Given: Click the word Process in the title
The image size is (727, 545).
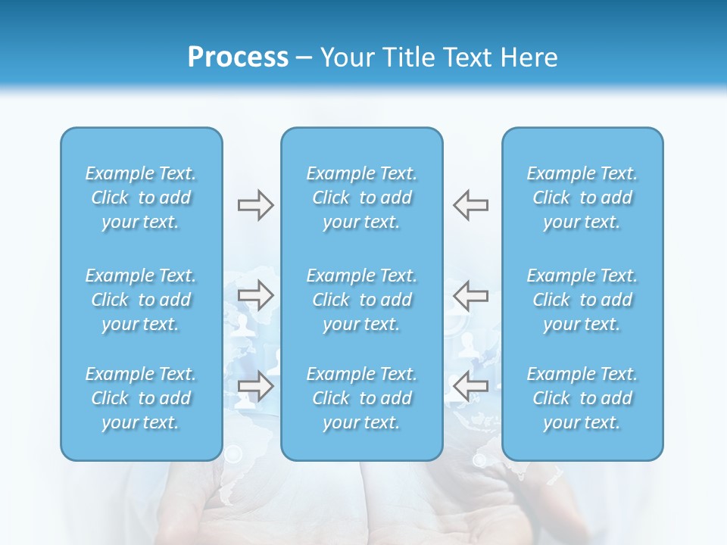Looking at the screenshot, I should coord(238,58).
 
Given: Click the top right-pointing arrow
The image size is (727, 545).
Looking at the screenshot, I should coord(255,205).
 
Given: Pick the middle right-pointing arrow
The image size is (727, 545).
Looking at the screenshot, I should coord(255,295).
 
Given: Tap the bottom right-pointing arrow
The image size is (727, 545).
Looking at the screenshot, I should coord(255,386).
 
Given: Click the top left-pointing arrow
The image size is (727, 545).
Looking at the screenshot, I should coord(471,205).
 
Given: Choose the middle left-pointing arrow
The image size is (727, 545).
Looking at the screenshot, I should coord(471,295).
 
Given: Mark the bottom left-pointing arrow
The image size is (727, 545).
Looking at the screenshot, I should coord(471,386).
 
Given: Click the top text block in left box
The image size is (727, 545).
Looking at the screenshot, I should coord(141,198).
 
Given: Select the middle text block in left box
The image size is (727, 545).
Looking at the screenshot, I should coord(141,300).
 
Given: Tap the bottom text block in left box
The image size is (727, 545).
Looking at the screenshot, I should coord(141,398).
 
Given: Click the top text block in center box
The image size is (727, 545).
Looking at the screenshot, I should coord(362,198).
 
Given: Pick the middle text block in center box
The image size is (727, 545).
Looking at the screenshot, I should coord(362,300).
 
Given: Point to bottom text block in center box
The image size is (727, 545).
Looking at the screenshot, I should coord(362,398).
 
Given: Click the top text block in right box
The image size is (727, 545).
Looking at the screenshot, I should coord(582,198).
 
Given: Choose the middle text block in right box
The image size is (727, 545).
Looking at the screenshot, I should coord(582,300).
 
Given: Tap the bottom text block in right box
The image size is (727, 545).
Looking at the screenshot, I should coord(582,398).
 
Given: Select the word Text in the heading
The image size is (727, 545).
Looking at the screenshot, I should coord(469,58).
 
